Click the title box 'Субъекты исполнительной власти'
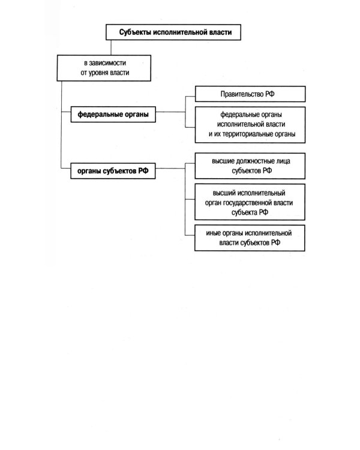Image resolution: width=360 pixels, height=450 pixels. [x=173, y=32]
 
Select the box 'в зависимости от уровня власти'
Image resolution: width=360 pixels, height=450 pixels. [x=104, y=68]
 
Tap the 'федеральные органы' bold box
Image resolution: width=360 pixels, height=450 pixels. [x=113, y=114]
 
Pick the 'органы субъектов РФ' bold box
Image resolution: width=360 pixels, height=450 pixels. [x=113, y=171]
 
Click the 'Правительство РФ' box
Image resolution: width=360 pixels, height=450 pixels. [x=250, y=94]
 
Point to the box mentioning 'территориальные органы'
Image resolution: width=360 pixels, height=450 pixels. [x=250, y=125]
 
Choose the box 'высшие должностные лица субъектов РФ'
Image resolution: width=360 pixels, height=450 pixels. [x=250, y=166]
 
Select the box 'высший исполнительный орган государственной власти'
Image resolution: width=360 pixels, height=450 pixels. [x=250, y=202]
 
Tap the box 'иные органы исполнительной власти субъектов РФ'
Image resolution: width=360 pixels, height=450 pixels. [x=250, y=238]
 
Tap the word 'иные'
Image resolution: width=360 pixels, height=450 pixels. [x=213, y=233]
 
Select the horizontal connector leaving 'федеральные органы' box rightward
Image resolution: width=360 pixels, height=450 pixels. [x=170, y=112]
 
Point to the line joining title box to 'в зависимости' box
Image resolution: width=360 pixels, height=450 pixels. [x=111, y=47]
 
